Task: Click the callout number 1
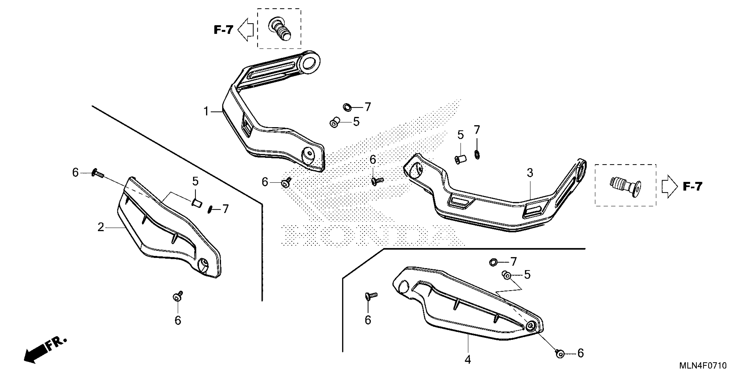click(x=206, y=112)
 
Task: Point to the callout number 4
click(x=468, y=360)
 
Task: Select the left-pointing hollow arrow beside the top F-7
click(x=246, y=29)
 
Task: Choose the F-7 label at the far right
click(x=693, y=187)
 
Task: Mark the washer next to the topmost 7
click(x=347, y=107)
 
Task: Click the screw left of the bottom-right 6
click(x=560, y=353)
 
